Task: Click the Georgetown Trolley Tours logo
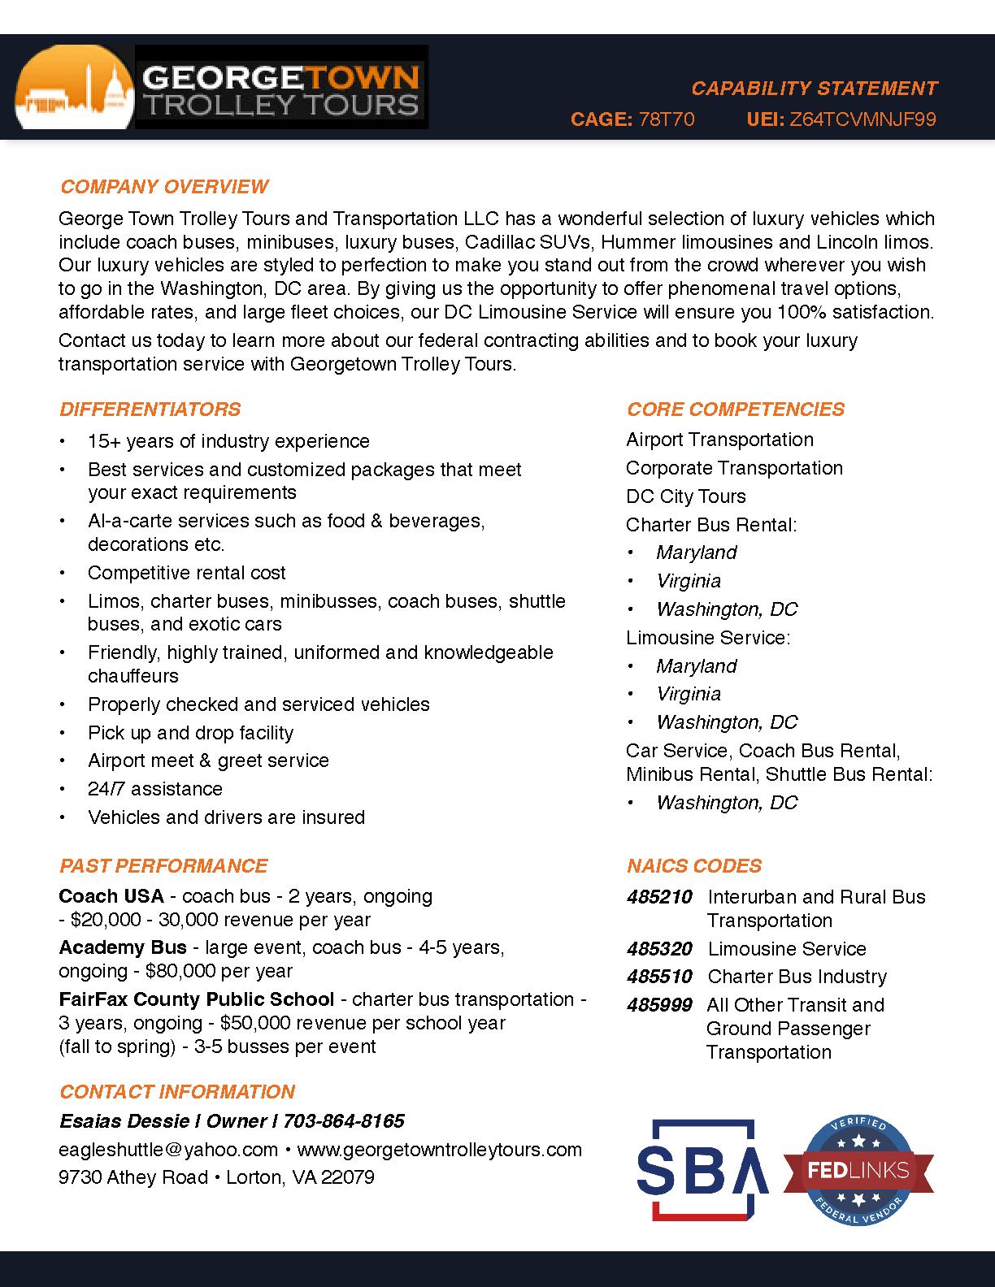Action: tap(221, 88)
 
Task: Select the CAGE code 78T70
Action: tap(667, 119)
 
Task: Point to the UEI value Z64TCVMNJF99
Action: tap(862, 119)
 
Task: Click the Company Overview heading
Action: tap(163, 187)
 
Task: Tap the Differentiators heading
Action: tap(150, 409)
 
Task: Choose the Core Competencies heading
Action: tap(735, 409)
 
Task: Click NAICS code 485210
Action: tap(658, 897)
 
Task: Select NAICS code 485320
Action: tap(658, 949)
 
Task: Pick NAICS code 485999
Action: tap(658, 1005)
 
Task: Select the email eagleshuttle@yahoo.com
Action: tap(168, 1150)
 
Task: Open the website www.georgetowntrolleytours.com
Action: tap(439, 1150)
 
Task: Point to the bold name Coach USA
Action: tap(111, 896)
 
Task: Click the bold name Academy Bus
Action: tap(122, 947)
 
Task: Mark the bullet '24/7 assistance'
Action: tap(154, 789)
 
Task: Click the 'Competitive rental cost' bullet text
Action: tap(186, 573)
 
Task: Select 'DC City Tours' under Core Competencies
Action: tap(685, 496)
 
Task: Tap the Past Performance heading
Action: tap(163, 866)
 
